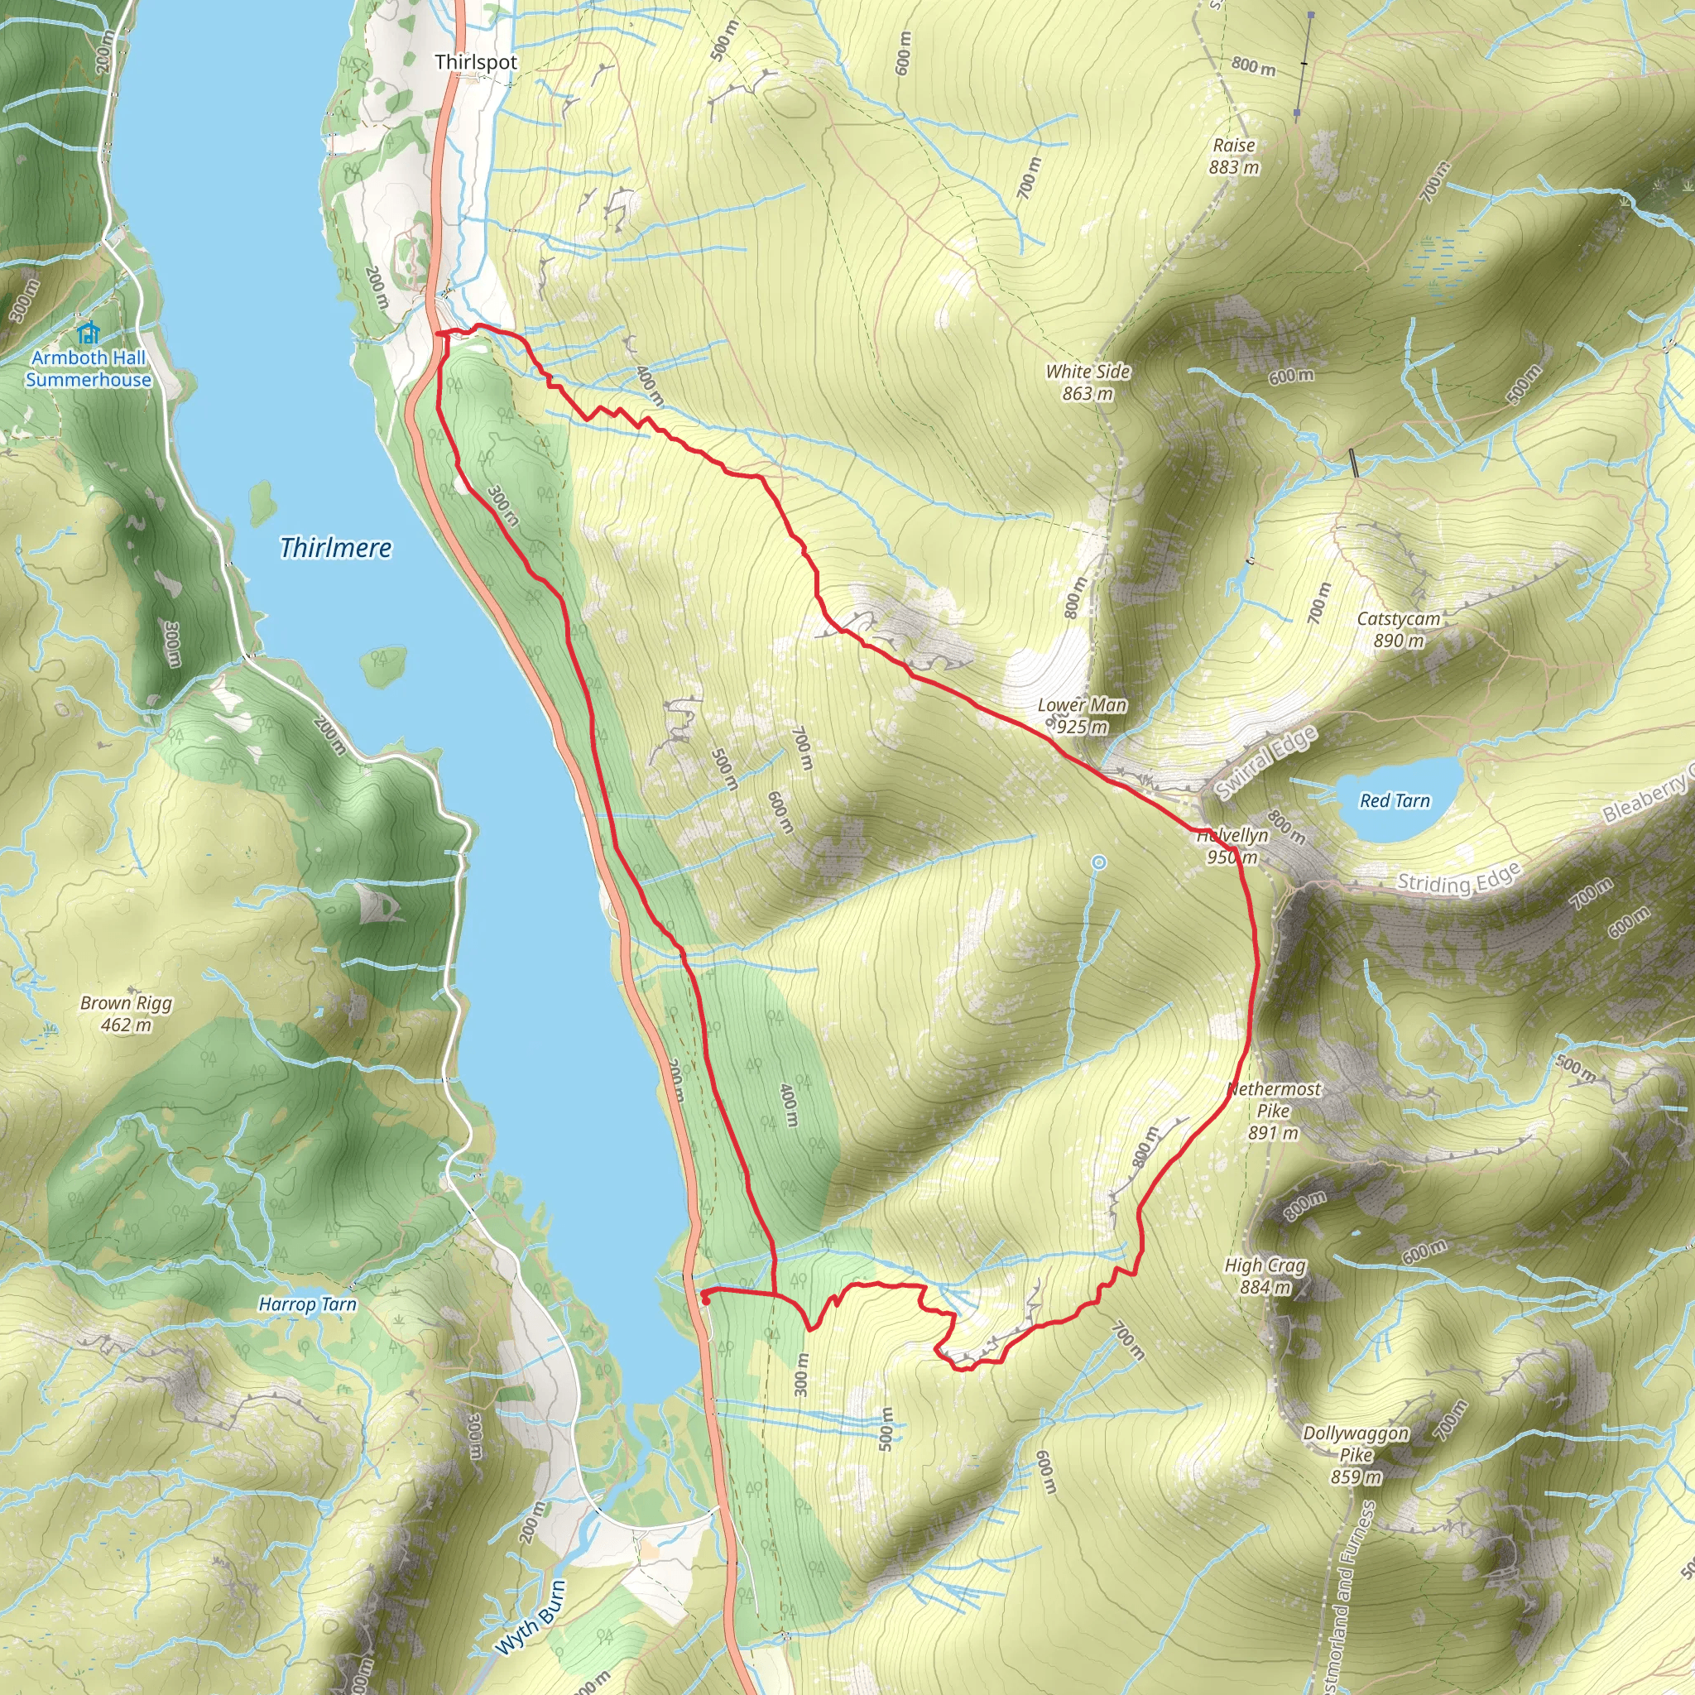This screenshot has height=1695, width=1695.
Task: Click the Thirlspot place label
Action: pos(476,62)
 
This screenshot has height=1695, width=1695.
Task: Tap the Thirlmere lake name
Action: pos(335,549)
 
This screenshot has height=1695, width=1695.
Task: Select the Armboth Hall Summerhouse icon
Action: pos(87,333)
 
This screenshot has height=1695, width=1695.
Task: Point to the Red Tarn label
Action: pos(1394,801)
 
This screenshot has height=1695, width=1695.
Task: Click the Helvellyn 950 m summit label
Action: pos(1232,847)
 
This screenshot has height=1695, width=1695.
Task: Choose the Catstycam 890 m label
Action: pos(1399,629)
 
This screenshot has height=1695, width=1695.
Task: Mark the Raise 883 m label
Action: pos(1233,156)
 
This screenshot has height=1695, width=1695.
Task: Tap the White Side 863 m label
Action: pos(1087,382)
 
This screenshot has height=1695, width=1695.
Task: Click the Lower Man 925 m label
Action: pos(1082,716)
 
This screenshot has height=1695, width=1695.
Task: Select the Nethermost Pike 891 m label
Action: pos(1273,1111)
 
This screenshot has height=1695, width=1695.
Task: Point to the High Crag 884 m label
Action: pos(1265,1276)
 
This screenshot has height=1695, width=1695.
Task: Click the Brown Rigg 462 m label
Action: pos(126,1013)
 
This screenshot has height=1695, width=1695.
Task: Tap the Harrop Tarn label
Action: pos(307,1304)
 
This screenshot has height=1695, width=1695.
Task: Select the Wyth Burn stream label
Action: pos(530,1618)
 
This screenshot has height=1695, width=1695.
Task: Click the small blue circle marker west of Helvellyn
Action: pos(1098,863)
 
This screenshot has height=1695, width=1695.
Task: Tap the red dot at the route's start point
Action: pos(705,1301)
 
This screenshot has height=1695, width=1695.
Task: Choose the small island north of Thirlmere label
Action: pos(262,502)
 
